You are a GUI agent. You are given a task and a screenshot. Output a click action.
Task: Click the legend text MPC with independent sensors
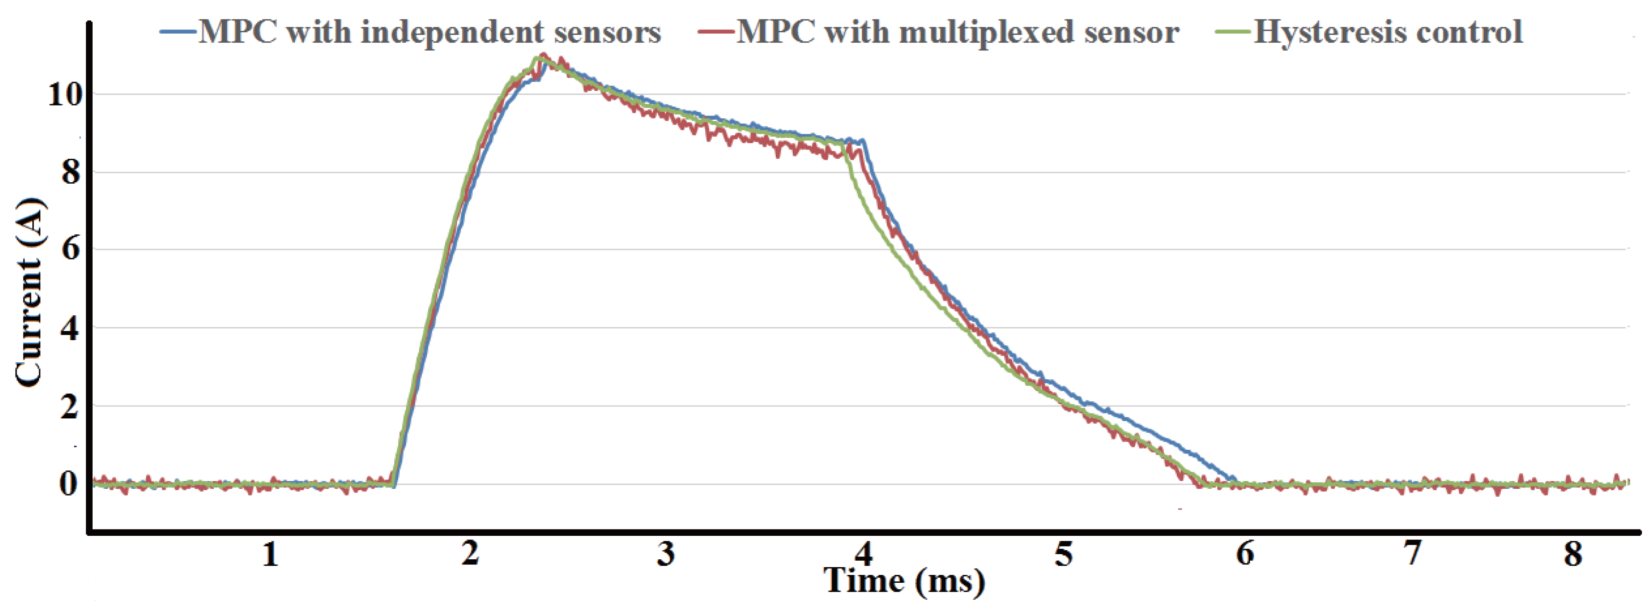(x=430, y=32)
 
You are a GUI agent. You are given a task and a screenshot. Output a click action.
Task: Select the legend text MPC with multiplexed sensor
(x=957, y=32)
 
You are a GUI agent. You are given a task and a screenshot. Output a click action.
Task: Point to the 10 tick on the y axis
(x=65, y=95)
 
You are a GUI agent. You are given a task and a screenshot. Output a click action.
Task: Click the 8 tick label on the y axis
(x=71, y=172)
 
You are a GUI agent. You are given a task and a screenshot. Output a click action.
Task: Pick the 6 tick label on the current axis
(x=71, y=249)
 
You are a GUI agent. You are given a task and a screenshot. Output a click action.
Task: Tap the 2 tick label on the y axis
(x=71, y=406)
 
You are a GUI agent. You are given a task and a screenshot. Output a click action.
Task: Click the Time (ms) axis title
(x=904, y=581)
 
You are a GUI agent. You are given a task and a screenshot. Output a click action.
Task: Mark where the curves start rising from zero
(x=394, y=484)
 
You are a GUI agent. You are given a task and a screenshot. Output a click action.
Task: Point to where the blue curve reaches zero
(x=1234, y=480)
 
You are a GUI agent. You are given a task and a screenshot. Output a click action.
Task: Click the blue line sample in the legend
(x=178, y=31)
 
